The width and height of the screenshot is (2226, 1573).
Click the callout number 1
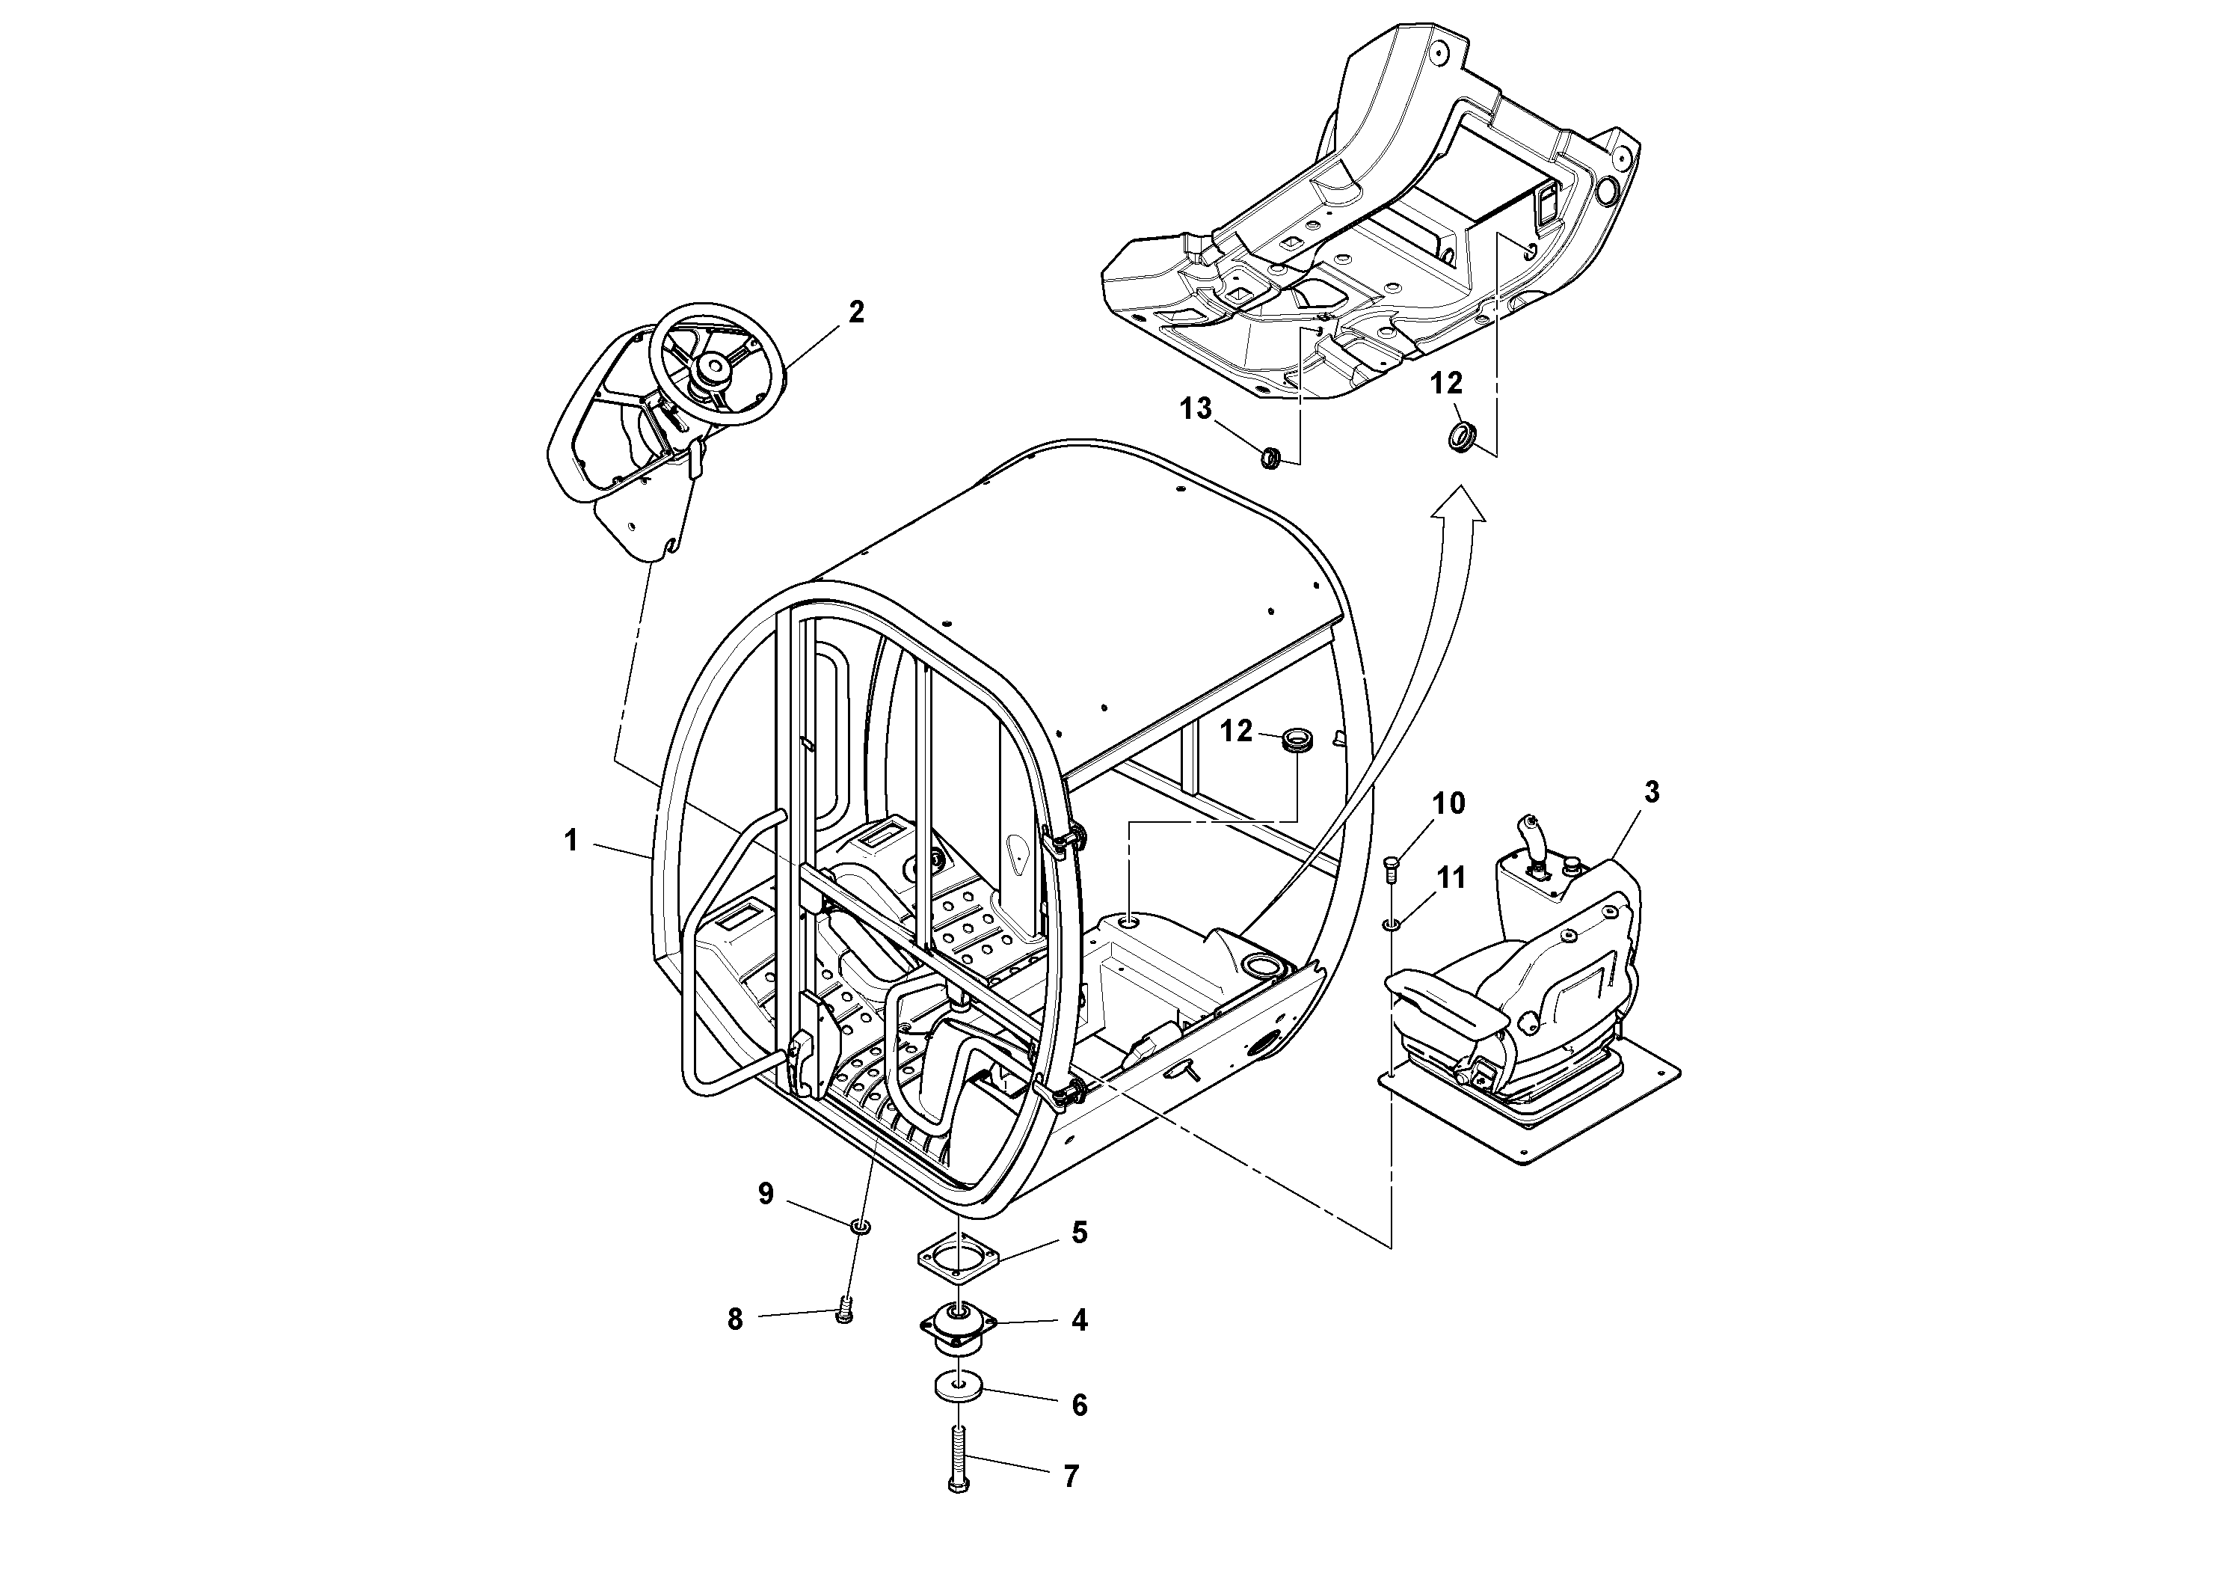coord(571,841)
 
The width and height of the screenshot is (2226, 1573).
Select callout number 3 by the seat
coord(1651,792)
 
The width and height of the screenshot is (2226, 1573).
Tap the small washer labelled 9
coord(860,1227)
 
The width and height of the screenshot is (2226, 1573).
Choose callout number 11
coord(1451,879)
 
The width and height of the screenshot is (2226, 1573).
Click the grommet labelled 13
coord(1270,456)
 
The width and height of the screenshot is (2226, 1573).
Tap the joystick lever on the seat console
coord(1533,836)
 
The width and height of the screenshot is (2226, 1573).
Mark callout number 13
coord(1196,409)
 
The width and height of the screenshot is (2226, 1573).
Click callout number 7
coord(1070,1504)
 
